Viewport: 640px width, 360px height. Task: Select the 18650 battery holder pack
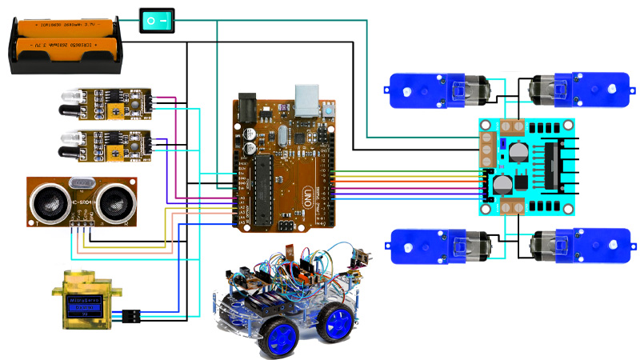[67, 45]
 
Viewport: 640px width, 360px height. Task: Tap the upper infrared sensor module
[104, 103]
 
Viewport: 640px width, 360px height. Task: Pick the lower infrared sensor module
[104, 143]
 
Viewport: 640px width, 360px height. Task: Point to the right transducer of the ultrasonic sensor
[112, 202]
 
